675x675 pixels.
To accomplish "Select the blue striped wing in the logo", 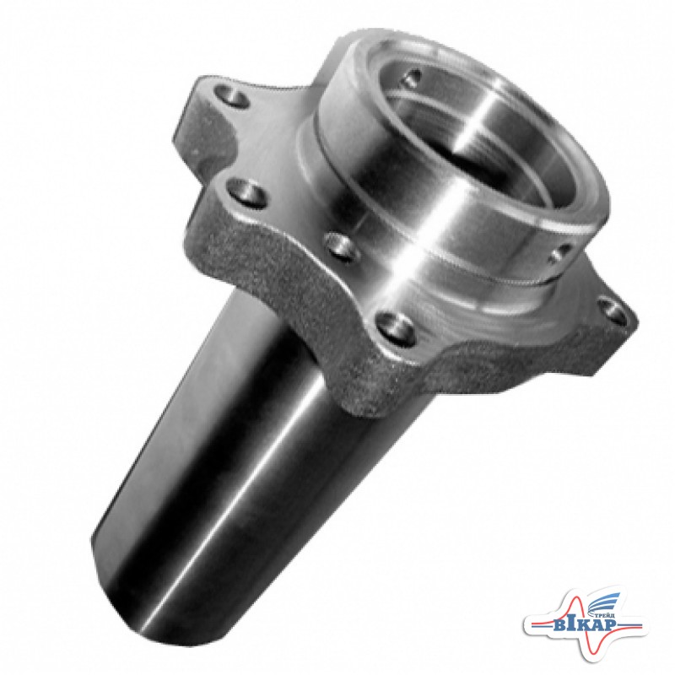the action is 602,602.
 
